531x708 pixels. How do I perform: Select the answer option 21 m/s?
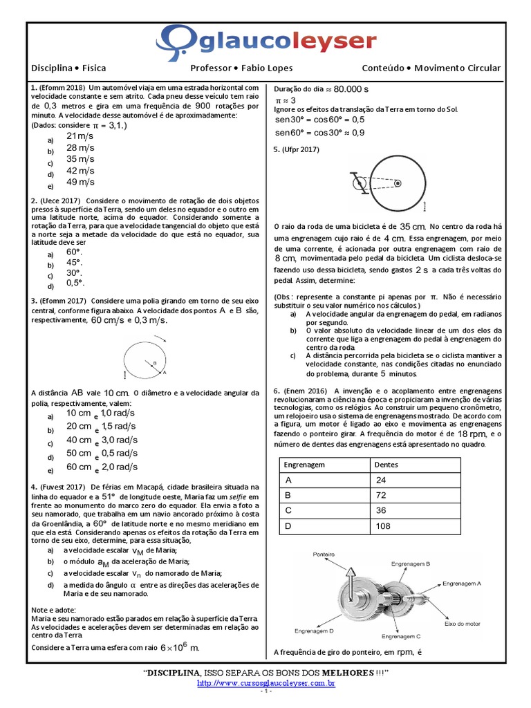coord(80,136)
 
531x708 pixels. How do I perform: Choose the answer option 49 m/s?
coord(80,183)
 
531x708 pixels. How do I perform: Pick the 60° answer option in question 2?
coord(74,252)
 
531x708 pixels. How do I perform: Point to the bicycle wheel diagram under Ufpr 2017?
coord(389,182)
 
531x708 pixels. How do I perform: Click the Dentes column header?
coord(386,465)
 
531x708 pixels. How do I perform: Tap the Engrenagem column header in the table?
coord(304,465)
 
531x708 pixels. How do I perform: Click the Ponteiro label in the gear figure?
coord(324,555)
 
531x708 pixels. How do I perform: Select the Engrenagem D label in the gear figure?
coord(314,631)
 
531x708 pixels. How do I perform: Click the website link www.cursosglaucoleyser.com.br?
coord(266,683)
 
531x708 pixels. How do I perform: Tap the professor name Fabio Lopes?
coord(265,68)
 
